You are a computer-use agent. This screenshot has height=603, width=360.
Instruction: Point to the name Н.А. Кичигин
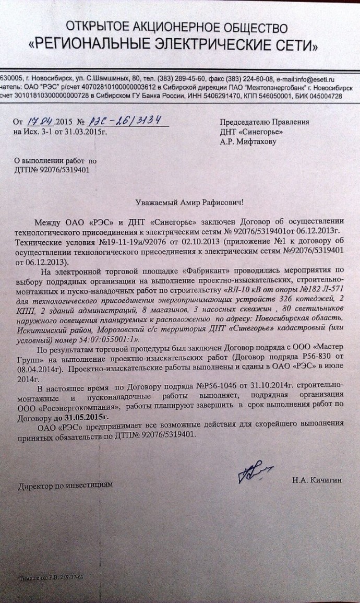(317, 480)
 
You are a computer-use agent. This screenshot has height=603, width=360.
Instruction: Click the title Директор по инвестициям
(65, 484)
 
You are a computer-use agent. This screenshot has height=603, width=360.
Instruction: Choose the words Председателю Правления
(265, 122)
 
